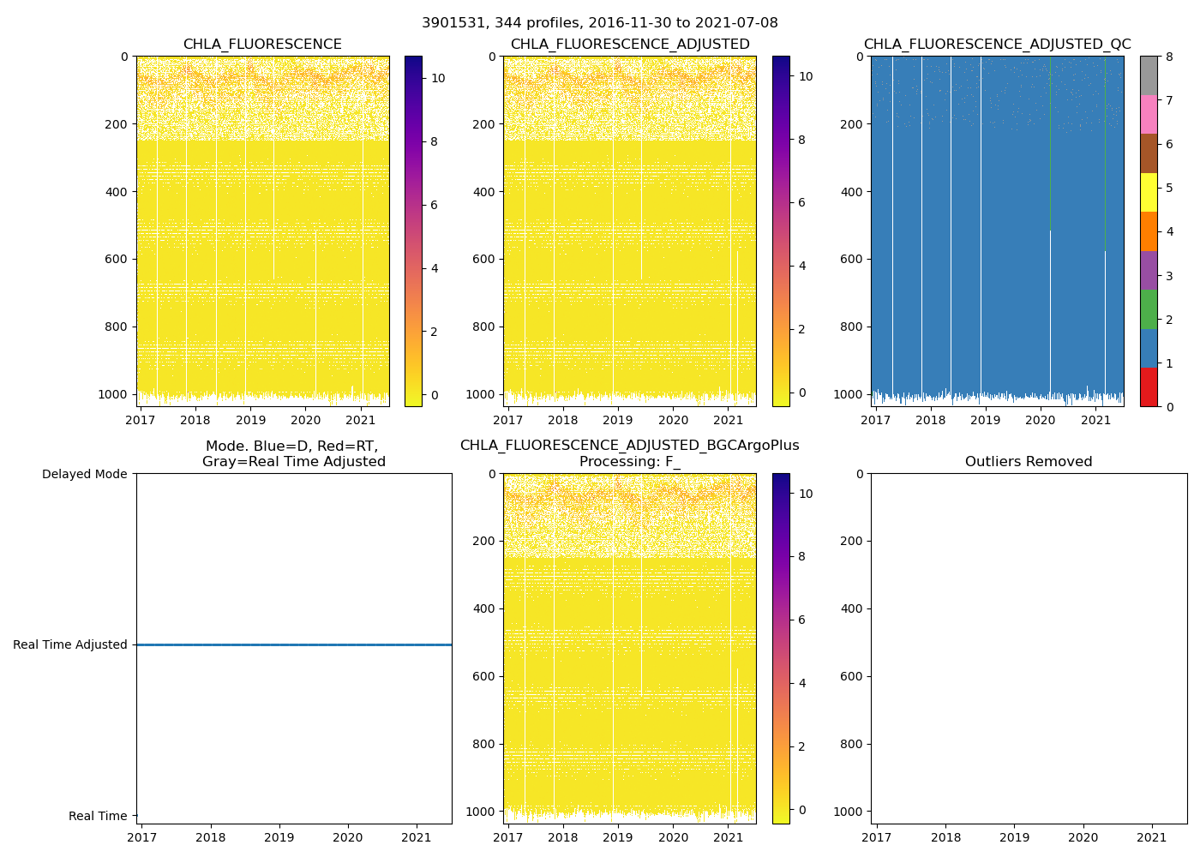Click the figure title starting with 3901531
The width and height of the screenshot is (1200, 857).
click(x=599, y=23)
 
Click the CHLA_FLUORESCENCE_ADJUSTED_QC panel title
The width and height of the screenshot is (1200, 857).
click(x=997, y=45)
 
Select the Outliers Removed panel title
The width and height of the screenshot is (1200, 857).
click(x=1029, y=462)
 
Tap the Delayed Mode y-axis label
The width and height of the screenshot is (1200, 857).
click(x=84, y=474)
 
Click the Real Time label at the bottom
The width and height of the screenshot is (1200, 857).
click(x=98, y=816)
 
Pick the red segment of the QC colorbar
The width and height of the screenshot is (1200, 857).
click(x=1149, y=387)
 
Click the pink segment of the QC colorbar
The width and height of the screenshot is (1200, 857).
click(x=1149, y=114)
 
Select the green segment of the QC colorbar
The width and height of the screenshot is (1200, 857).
click(x=1149, y=309)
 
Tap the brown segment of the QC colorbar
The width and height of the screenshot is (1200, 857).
click(x=1149, y=153)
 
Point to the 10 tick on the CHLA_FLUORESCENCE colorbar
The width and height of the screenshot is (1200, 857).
click(x=437, y=78)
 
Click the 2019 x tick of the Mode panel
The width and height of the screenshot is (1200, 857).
click(x=279, y=837)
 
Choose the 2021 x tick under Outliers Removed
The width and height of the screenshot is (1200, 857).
click(x=1151, y=837)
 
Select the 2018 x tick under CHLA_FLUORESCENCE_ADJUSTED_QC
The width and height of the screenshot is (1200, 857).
click(x=930, y=420)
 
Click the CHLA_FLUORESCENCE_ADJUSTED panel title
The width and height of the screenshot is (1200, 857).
click(x=630, y=45)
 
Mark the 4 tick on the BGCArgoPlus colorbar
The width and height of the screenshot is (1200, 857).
click(x=801, y=683)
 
